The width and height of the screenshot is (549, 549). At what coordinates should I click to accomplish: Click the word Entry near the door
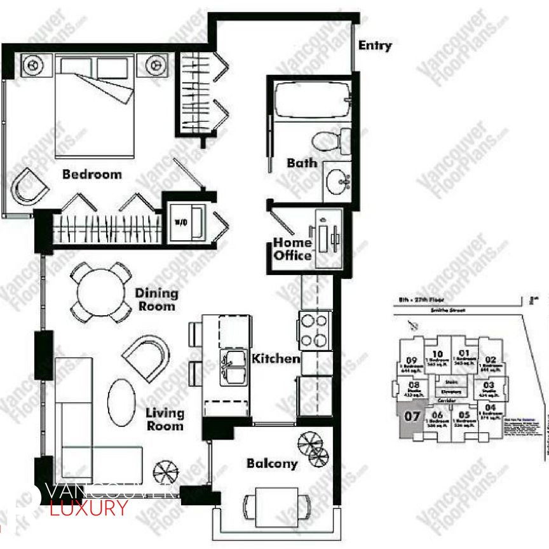pos(375,46)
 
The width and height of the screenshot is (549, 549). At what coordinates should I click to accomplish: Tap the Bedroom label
pos(92,174)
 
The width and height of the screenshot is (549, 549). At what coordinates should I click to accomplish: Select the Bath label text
pos(301,163)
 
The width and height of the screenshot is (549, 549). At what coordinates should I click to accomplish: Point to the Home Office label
pos(293,249)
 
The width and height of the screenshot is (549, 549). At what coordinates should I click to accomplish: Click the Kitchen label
pos(276,359)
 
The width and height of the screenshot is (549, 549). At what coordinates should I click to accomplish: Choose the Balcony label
pos(272,464)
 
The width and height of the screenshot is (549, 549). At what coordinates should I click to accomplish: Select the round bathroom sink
pos(337,182)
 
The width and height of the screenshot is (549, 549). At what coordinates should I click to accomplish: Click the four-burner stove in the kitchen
pos(315,329)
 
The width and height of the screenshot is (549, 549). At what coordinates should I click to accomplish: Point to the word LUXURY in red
pos(88,508)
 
